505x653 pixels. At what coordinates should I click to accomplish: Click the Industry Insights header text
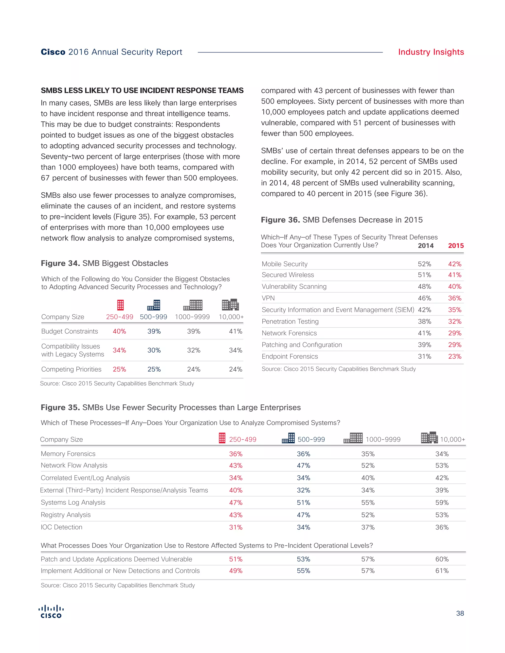tap(431, 52)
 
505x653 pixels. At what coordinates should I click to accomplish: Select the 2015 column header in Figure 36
tap(456, 246)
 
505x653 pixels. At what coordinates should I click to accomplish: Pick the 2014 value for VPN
tap(424, 298)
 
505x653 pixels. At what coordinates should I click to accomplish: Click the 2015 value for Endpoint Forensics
tap(454, 356)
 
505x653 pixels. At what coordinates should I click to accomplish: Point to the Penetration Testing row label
tap(290, 321)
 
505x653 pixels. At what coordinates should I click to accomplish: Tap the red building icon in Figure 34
tap(120, 305)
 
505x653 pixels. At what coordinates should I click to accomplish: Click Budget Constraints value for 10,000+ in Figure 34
tap(235, 331)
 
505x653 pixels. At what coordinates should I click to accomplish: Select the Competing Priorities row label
tap(71, 369)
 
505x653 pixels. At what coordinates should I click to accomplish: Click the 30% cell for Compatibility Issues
tap(154, 350)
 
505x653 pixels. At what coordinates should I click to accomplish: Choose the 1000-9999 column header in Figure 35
tap(383, 439)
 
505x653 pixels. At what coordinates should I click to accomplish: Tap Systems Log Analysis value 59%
tap(442, 503)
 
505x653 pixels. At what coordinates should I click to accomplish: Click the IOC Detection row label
tap(61, 527)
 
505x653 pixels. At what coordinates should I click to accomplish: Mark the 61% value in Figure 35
tap(442, 571)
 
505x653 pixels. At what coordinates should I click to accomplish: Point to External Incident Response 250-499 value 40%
tap(235, 490)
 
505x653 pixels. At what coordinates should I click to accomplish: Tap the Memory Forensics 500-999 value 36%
tap(303, 454)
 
